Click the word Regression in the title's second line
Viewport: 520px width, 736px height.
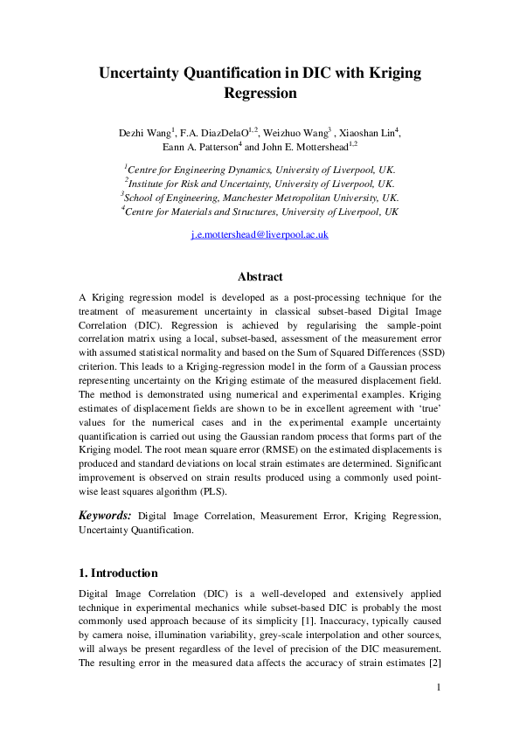260,93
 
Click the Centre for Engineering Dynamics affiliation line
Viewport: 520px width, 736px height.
260,170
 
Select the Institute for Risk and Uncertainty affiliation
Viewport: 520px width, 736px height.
260,184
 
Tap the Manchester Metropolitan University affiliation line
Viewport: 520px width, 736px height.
260,198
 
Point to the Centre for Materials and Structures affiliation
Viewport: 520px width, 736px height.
260,212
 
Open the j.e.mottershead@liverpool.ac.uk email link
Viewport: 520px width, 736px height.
260,236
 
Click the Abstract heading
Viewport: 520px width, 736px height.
260,277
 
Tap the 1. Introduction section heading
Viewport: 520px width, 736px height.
118,573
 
